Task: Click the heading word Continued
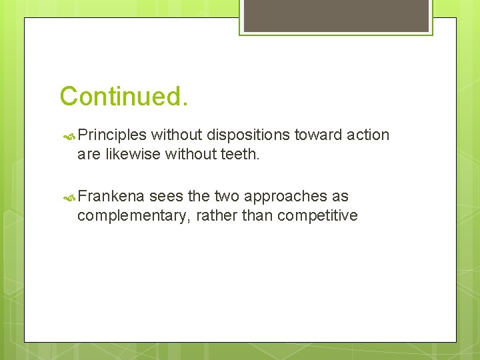pos(124,96)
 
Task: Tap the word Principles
pos(112,135)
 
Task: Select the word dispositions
pos(248,135)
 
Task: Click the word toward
pos(319,135)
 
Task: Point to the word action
pos(368,135)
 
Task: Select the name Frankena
pos(111,197)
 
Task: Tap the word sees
pos(165,197)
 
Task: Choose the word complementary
pos(133,215)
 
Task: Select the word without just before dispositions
pos(177,135)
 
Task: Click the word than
pos(256,215)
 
